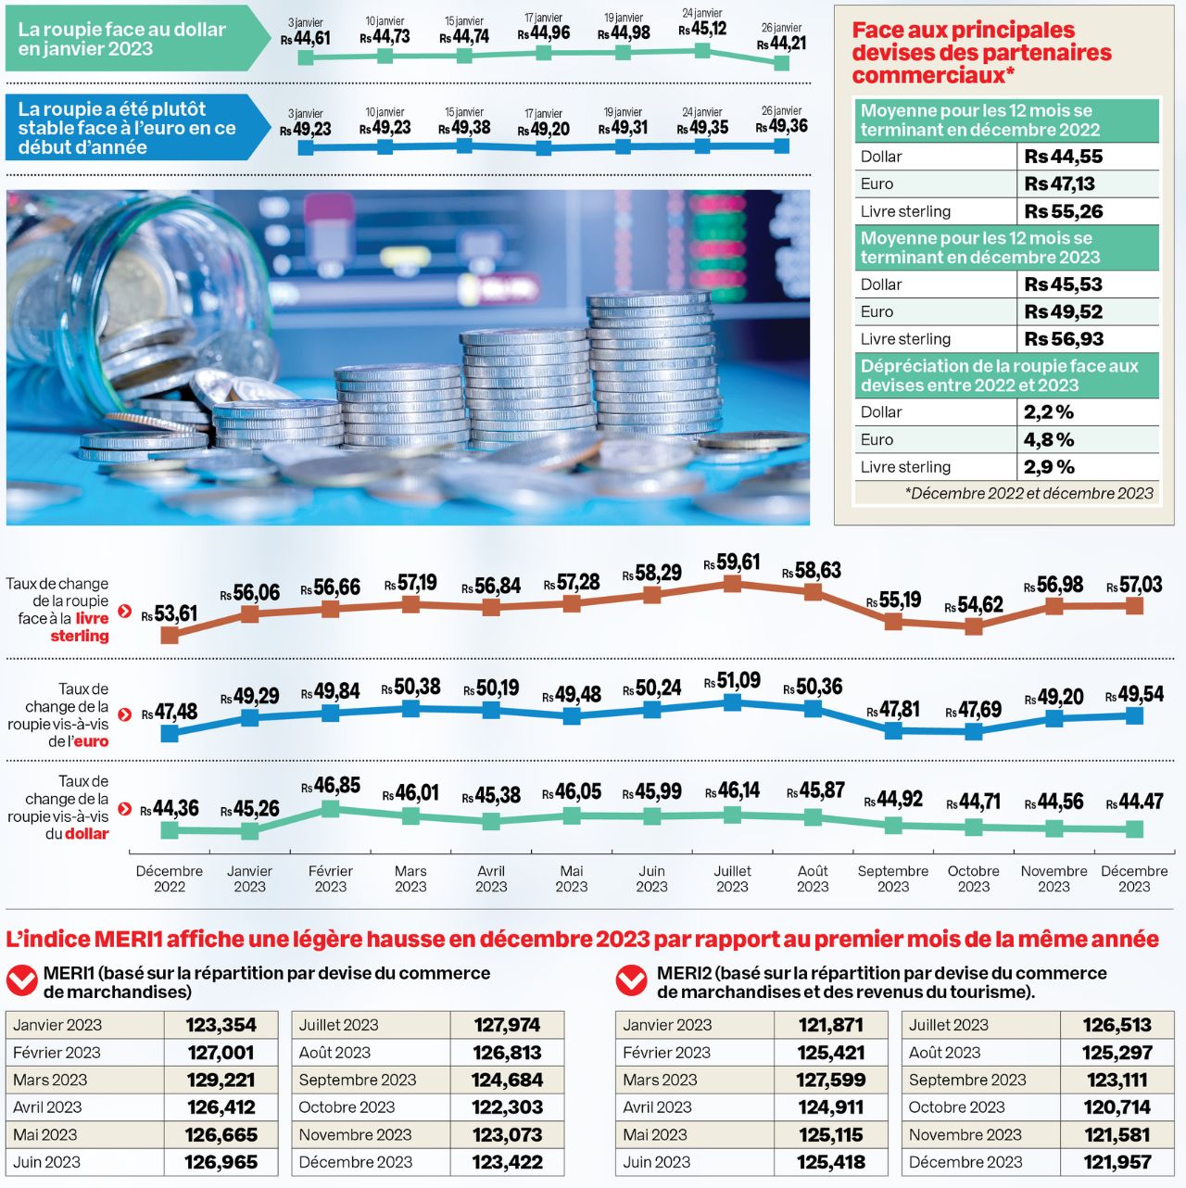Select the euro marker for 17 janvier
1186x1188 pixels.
(544, 146)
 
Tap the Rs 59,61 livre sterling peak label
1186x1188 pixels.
(732, 563)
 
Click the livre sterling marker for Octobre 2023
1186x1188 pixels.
(973, 626)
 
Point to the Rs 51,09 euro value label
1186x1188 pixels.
(732, 682)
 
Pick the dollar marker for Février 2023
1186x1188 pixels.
(330, 809)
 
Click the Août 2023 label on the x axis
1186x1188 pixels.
(813, 878)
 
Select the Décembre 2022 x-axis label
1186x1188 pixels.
(169, 878)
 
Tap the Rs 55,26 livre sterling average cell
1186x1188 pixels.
(1064, 211)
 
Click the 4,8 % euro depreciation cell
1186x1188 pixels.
(1049, 439)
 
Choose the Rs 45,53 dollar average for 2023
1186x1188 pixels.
(1064, 284)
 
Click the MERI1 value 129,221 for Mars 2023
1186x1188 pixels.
(221, 1080)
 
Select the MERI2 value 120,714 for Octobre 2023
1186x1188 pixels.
(1117, 1107)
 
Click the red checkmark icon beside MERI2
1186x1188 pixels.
(632, 980)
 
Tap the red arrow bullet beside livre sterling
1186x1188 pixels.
(125, 611)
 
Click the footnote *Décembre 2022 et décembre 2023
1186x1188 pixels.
(1028, 493)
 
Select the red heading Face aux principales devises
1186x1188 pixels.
(981, 52)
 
